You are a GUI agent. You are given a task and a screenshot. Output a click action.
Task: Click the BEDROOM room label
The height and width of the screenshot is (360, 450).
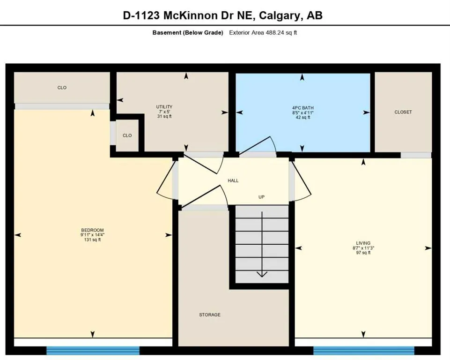[92, 230]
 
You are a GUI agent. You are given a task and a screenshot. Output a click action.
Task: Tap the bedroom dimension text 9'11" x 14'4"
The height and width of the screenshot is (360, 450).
[92, 234]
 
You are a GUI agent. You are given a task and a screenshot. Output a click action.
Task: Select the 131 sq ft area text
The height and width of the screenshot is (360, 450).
[92, 240]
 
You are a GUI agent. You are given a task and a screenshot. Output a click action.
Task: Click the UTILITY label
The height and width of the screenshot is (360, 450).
[164, 107]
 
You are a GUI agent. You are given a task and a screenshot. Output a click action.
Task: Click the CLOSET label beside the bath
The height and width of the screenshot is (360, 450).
[403, 112]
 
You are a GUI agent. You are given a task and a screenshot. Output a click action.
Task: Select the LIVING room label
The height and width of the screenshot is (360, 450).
[363, 243]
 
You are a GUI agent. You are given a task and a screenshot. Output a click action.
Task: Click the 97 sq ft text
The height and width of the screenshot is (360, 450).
[363, 253]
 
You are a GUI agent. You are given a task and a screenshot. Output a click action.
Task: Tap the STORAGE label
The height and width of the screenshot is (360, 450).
[209, 315]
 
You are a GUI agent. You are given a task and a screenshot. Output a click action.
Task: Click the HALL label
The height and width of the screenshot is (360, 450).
[233, 180]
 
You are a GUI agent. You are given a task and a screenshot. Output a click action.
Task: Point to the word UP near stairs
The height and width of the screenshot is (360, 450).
[262, 197]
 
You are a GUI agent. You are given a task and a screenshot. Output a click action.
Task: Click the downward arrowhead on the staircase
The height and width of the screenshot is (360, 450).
[262, 275]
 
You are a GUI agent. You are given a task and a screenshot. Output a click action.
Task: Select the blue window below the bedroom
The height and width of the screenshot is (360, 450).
[93, 350]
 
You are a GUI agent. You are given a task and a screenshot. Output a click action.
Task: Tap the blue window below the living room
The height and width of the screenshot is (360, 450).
[364, 350]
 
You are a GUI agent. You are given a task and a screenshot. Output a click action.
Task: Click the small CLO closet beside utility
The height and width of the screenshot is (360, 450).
[127, 135]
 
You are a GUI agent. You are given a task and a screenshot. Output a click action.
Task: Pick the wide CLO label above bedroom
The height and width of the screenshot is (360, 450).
[62, 88]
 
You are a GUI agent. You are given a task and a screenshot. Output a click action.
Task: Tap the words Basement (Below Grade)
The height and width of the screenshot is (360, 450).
[188, 33]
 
